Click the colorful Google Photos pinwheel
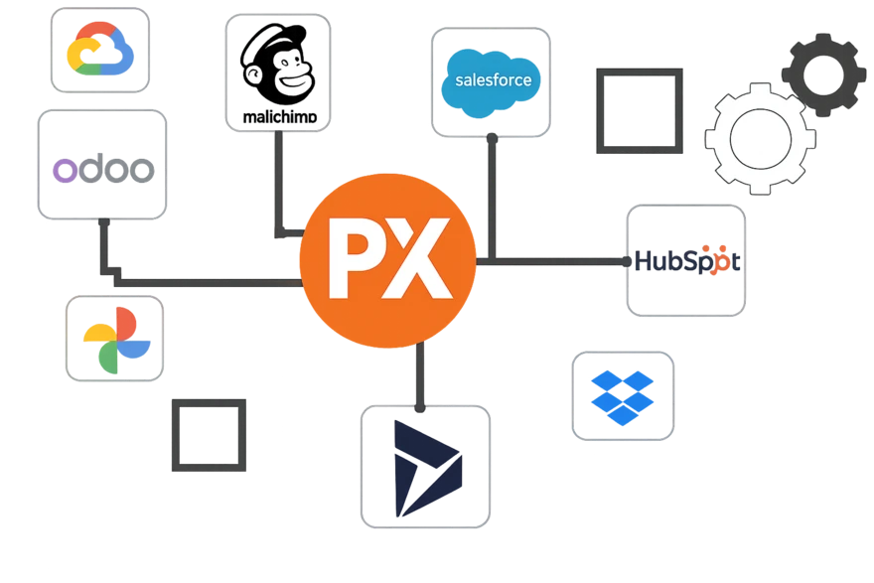click(x=116, y=338)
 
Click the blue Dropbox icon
click(x=622, y=394)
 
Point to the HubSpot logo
click(x=685, y=261)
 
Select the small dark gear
click(x=821, y=72)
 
